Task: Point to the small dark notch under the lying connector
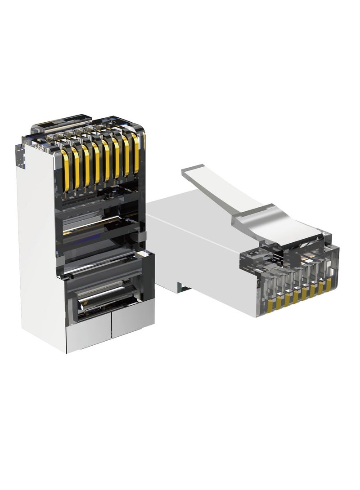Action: (182, 285)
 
